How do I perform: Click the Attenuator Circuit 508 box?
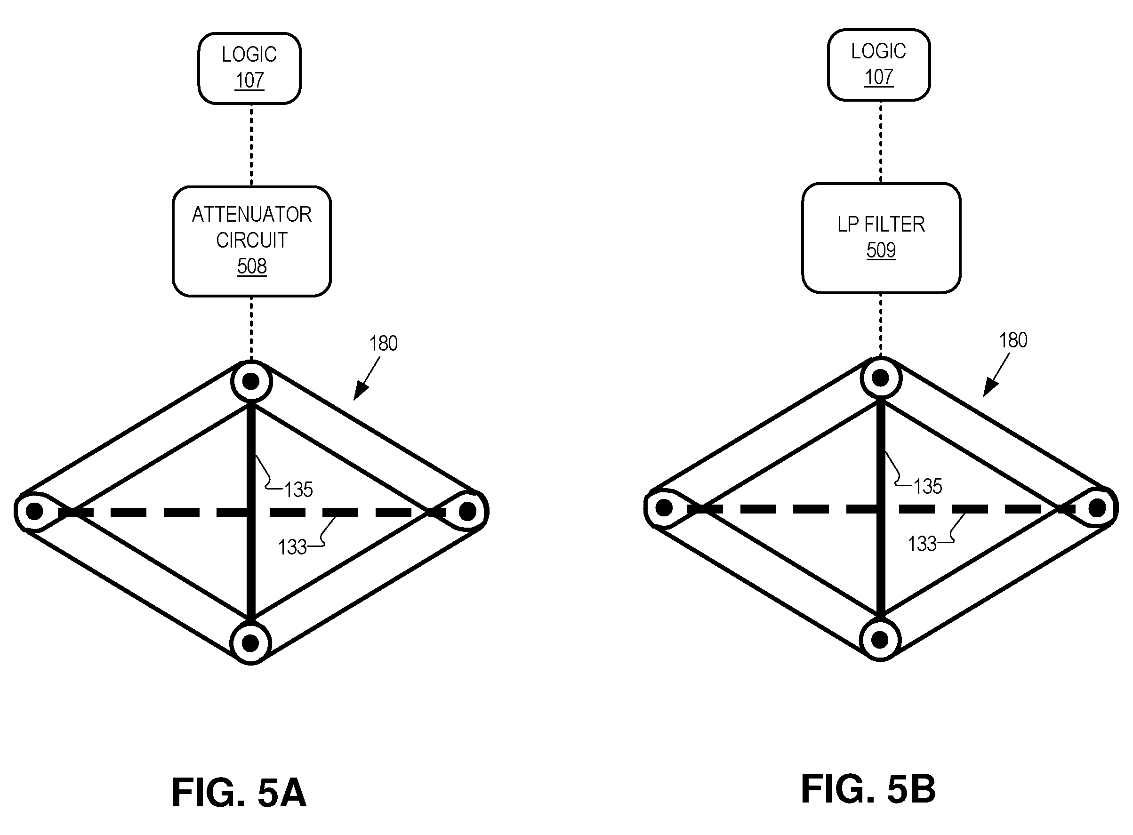252,241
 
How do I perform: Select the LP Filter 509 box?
881,238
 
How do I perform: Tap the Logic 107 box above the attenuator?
249,68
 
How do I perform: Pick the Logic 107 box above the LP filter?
879,64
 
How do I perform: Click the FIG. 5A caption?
239,793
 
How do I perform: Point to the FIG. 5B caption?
868,789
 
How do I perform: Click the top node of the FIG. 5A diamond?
252,381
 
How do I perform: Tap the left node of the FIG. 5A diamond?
34,512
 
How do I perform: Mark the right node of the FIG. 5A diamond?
467,511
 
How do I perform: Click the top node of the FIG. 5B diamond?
881,377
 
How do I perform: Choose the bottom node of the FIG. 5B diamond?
880,640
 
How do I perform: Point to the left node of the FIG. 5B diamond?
664,508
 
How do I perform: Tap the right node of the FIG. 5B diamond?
1097,507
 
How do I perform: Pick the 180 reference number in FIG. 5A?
383,344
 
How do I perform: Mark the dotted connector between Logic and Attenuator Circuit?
251,145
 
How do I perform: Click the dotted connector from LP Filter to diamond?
881,325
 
